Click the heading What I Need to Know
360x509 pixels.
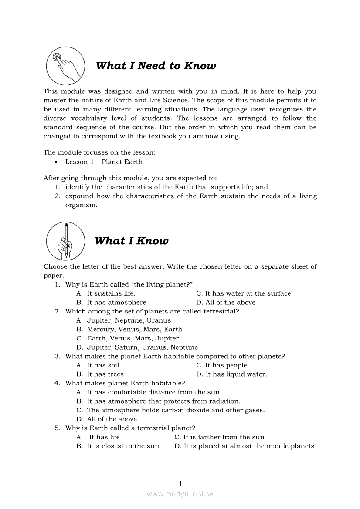point(156,66)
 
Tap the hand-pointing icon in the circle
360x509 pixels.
point(65,66)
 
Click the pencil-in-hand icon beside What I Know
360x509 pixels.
point(65,241)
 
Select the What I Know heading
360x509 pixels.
point(132,241)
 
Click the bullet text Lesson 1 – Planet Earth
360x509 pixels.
point(104,162)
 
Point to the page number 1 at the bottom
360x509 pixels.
point(180,483)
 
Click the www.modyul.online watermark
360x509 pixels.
point(180,494)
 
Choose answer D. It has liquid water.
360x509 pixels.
point(231,374)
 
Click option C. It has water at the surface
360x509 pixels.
point(243,293)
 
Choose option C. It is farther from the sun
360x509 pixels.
point(219,437)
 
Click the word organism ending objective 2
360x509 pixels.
point(80,205)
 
